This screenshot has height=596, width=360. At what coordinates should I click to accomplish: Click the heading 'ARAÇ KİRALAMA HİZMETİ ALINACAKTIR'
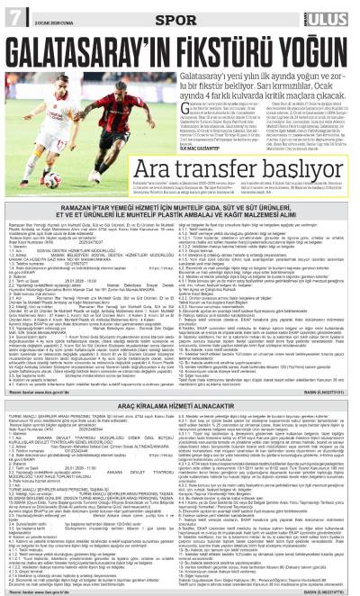click(180, 382)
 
